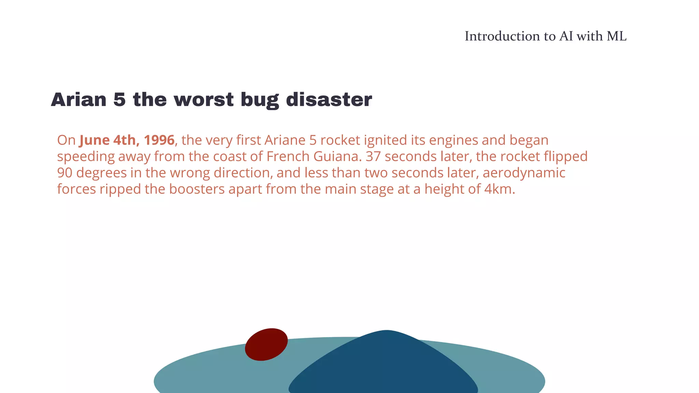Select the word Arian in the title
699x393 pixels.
79,100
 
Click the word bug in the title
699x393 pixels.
259,100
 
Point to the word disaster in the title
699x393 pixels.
329,100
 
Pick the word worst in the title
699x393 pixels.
204,100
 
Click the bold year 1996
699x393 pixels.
159,140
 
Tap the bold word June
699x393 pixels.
95,140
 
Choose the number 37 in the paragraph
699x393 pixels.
373,157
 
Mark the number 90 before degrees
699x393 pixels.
65,173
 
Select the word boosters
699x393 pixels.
197,189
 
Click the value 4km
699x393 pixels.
499,189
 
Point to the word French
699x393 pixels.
288,157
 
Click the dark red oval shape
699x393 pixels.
266,344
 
